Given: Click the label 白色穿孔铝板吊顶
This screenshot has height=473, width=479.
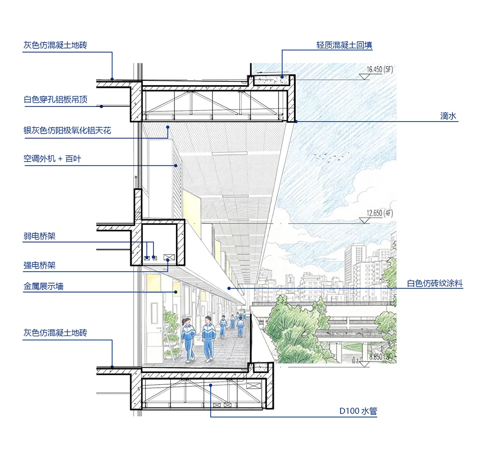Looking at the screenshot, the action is click(55, 99).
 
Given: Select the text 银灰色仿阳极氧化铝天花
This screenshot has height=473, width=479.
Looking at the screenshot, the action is click(67, 130).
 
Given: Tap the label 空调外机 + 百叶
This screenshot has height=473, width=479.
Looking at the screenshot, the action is click(52, 158).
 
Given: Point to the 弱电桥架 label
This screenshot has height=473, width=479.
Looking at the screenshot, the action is click(39, 236).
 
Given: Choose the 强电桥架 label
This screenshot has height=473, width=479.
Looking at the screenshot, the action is click(39, 265).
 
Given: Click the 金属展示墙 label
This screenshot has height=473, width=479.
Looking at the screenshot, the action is click(43, 286).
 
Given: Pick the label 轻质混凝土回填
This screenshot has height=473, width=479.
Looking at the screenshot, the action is click(344, 45).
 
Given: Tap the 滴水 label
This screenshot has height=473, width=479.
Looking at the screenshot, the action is click(448, 116).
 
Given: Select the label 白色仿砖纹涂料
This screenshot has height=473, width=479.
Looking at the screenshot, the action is click(435, 284).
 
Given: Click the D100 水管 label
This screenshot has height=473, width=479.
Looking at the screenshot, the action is click(358, 411).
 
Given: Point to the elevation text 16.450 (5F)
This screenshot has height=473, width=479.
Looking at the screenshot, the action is click(380, 69).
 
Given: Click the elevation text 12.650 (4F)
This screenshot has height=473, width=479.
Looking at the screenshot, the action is click(380, 213).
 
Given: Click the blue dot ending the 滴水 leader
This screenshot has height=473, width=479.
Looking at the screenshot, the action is click(296, 121).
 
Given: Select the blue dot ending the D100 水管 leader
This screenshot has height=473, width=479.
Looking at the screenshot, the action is click(211, 385).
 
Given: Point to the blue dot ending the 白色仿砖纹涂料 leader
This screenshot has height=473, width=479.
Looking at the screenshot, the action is click(229, 288).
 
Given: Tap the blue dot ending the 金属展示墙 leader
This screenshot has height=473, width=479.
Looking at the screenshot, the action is click(176, 292).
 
